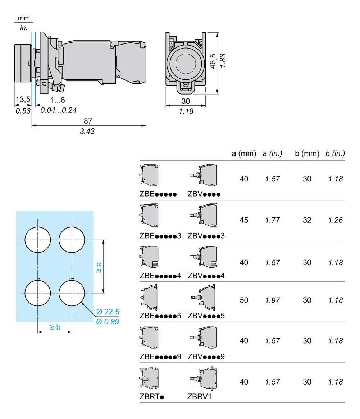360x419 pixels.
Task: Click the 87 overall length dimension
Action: tap(87, 121)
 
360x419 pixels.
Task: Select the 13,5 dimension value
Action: tap(22, 100)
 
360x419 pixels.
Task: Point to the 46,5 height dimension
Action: tap(213, 62)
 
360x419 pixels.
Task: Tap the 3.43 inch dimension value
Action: tap(87, 131)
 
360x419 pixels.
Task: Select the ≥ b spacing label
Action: tap(55, 327)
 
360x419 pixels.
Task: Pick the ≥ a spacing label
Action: tap(99, 266)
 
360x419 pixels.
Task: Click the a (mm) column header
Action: tap(244, 153)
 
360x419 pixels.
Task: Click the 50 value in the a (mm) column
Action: tap(244, 300)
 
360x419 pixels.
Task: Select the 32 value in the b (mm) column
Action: tap(307, 220)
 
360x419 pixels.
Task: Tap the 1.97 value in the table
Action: tap(273, 300)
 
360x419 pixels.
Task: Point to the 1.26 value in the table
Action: tap(336, 220)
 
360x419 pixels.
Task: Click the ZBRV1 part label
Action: tap(199, 397)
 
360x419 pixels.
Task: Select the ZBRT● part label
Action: tap(152, 397)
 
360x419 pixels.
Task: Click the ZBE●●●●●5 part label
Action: tap(160, 316)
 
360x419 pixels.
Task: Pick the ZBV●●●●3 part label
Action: tap(206, 236)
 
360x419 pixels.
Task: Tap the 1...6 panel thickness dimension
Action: tap(58, 100)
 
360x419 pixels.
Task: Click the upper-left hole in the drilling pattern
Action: tap(38, 240)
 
